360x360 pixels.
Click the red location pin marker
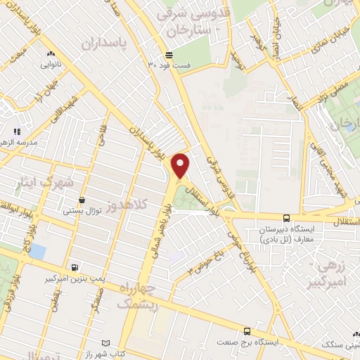[x=181, y=165]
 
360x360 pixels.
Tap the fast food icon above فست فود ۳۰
[x=168, y=55]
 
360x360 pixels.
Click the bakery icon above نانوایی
[x=49, y=54]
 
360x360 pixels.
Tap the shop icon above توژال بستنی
[x=82, y=200]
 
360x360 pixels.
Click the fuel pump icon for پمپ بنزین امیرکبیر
[x=75, y=268]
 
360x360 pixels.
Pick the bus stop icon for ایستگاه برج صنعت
[x=246, y=331]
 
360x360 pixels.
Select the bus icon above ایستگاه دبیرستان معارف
[x=286, y=219]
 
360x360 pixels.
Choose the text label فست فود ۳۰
[x=168, y=65]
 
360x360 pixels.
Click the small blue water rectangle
[x=38, y=251]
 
